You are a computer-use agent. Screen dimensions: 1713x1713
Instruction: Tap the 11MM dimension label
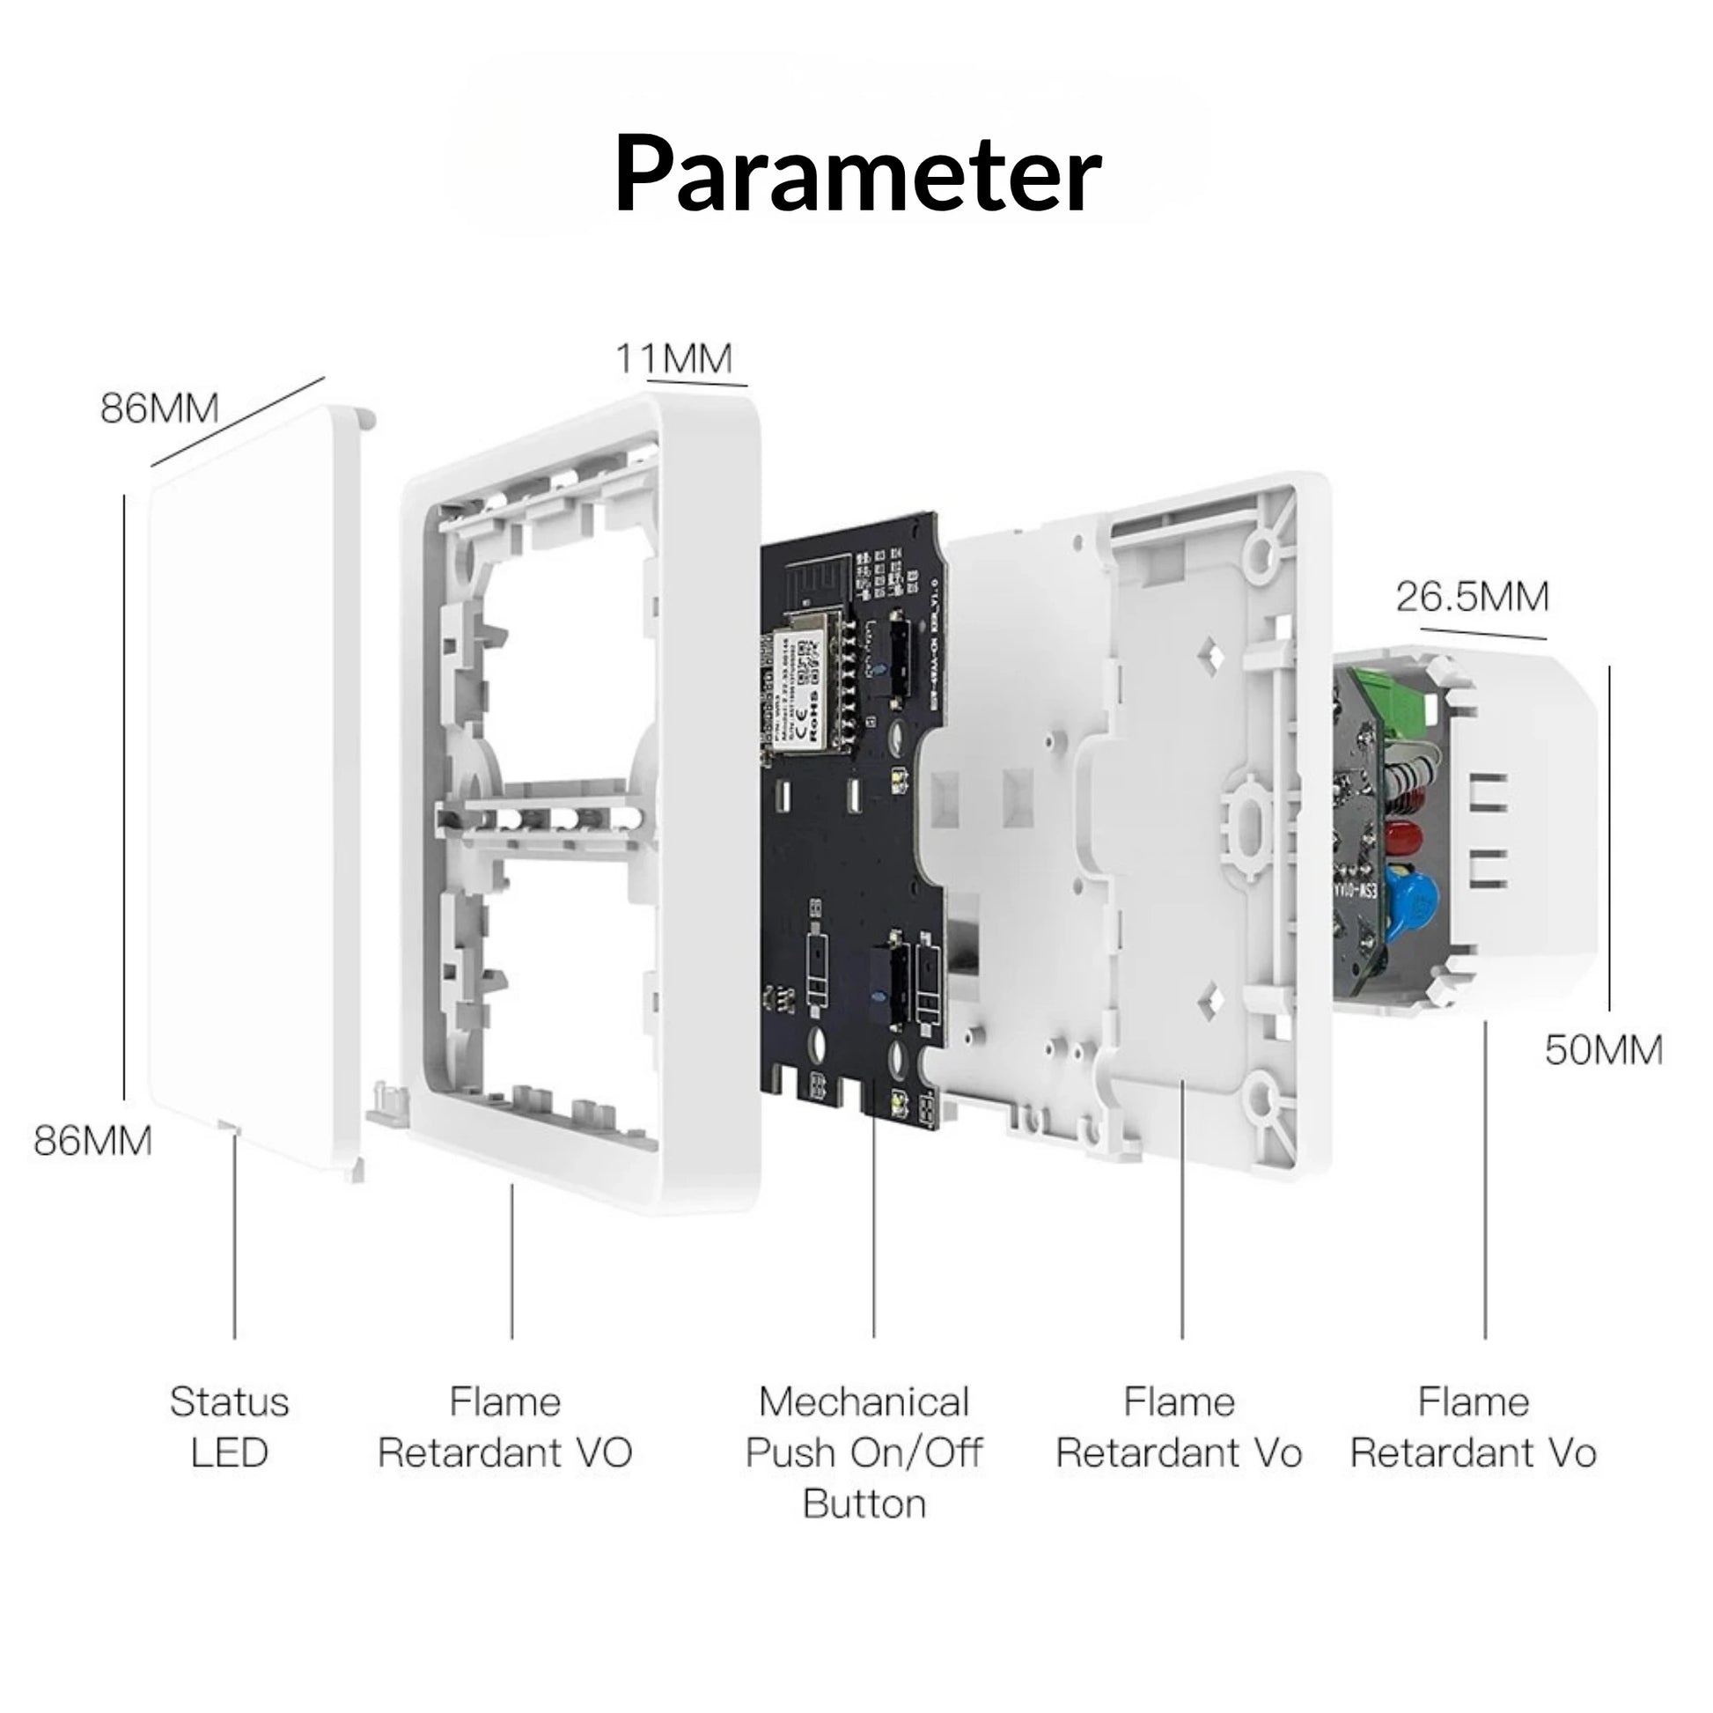[x=674, y=359]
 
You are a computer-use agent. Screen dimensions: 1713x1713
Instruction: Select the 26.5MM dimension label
[x=1473, y=597]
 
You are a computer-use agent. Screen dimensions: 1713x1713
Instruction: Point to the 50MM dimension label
[x=1603, y=1050]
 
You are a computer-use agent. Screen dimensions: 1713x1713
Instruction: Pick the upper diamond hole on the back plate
[x=1212, y=656]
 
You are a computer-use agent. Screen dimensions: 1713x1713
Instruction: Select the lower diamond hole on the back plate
[x=1212, y=1001]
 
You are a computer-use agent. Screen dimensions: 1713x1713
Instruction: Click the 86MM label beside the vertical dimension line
[x=93, y=1140]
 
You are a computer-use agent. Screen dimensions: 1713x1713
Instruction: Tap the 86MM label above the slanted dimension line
[x=159, y=408]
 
